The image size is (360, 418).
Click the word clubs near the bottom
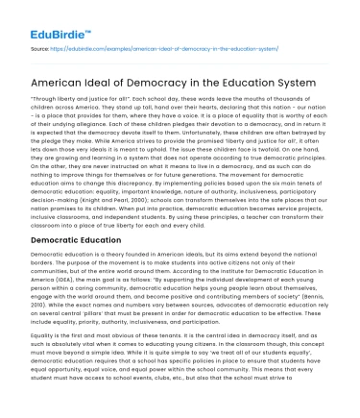pyautogui.click(x=176, y=408)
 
